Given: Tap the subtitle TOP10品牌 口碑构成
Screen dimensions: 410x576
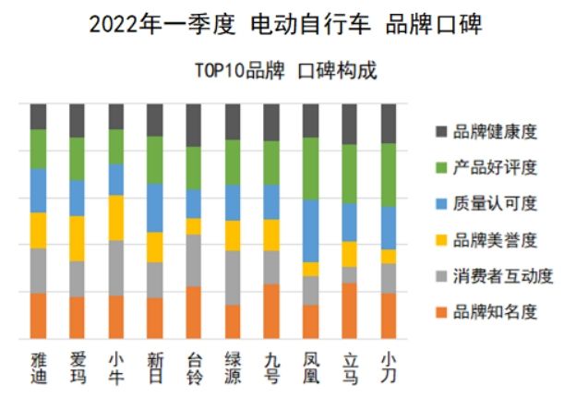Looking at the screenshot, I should pyautogui.click(x=285, y=71).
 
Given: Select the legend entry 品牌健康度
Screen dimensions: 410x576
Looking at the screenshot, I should pyautogui.click(x=494, y=131).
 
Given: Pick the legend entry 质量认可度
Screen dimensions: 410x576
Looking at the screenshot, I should pyautogui.click(x=494, y=203).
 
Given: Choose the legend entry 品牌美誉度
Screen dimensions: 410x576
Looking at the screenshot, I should pyautogui.click(x=494, y=239).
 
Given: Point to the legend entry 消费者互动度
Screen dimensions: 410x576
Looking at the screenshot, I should pyautogui.click(x=499, y=275).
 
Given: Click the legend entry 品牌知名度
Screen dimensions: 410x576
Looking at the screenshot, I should pyautogui.click(x=494, y=311).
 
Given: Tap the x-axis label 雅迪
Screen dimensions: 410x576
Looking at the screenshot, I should pyautogui.click(x=38, y=368).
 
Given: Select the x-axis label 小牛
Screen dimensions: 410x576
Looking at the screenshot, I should pyautogui.click(x=116, y=368).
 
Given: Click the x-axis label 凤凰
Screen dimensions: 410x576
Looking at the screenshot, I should pyautogui.click(x=311, y=368).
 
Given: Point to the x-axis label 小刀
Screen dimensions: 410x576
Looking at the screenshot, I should pyautogui.click(x=389, y=368).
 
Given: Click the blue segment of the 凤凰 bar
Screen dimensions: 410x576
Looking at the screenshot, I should pyautogui.click(x=311, y=231).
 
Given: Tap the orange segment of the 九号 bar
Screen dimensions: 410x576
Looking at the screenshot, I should pyautogui.click(x=271, y=310).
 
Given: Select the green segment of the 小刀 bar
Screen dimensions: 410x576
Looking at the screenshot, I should pyautogui.click(x=389, y=175).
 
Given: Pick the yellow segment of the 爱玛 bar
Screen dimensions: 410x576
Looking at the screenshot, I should pyautogui.click(x=77, y=238).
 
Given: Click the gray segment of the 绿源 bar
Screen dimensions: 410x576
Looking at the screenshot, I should pyautogui.click(x=233, y=277).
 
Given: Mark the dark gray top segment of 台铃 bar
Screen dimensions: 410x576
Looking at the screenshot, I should pyautogui.click(x=194, y=125).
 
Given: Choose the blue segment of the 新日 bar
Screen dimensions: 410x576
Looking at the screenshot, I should pyautogui.click(x=155, y=208).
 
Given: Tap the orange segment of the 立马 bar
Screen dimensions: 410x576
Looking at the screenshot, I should pyautogui.click(x=350, y=310).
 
